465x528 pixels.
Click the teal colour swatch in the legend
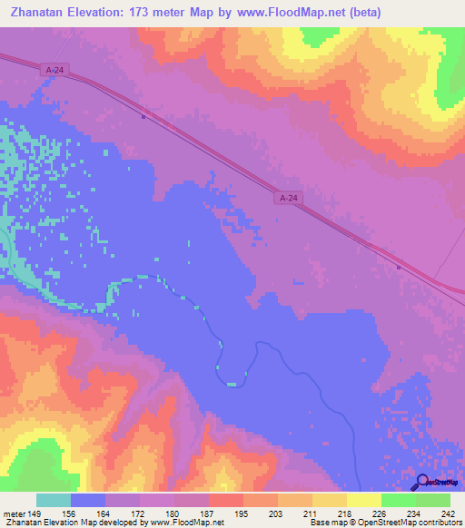(54, 500)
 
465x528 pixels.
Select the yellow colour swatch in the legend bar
(363, 500)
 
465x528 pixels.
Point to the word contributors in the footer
(435, 523)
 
